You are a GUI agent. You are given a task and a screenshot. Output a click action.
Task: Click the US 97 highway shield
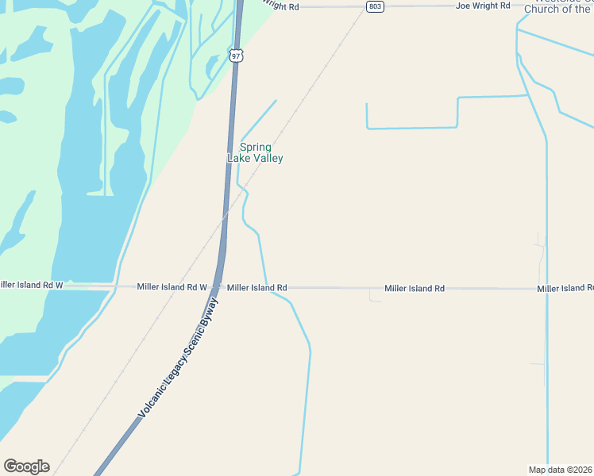236,55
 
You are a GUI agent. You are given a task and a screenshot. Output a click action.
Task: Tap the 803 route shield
376,6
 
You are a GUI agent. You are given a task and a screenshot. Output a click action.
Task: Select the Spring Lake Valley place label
256,152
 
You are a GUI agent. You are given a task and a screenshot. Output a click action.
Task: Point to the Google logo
26,466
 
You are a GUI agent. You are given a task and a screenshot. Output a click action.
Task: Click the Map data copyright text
560,470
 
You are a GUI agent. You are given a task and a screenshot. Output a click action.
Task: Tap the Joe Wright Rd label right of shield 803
483,6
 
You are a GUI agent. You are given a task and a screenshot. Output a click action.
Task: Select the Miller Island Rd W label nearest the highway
172,287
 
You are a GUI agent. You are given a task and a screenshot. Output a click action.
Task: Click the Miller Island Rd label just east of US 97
256,288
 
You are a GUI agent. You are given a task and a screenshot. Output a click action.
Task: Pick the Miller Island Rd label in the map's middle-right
415,289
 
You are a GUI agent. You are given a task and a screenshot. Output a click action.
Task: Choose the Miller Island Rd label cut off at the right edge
565,288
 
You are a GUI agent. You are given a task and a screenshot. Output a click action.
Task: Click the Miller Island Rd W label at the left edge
31,284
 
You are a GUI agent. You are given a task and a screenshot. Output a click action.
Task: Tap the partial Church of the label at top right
558,10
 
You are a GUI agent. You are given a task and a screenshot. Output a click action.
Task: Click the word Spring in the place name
256,147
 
